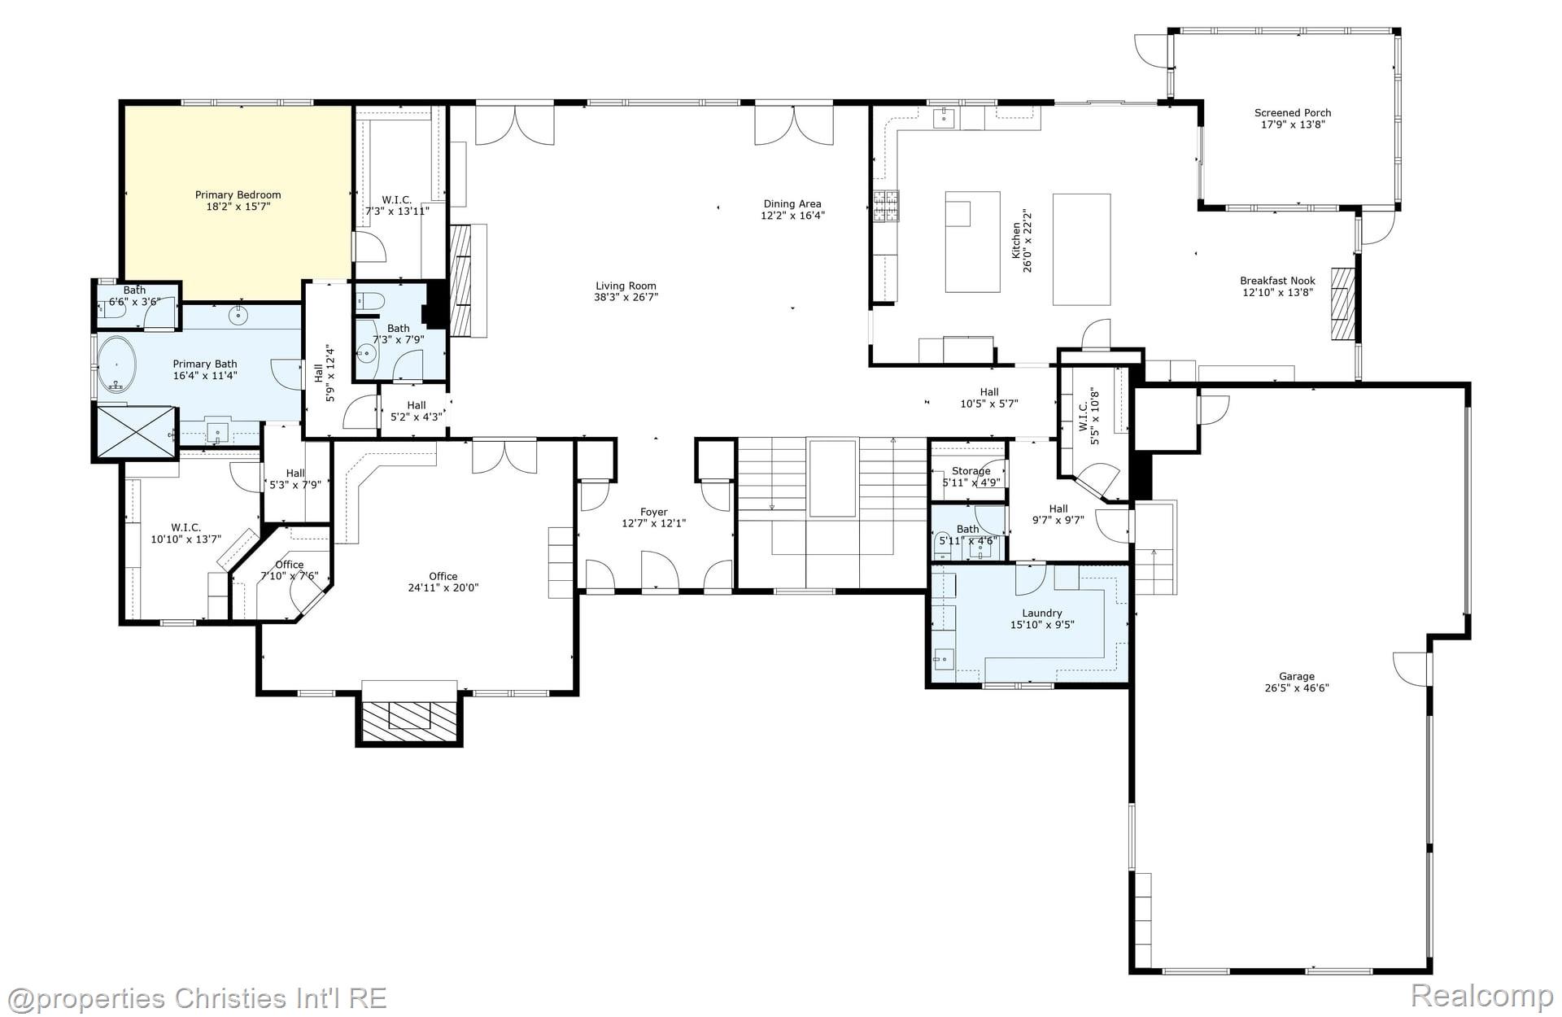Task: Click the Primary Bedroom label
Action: click(x=238, y=194)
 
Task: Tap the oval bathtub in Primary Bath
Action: click(x=118, y=364)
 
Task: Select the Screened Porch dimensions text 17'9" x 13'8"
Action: click(x=1292, y=124)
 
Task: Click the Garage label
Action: click(x=1296, y=676)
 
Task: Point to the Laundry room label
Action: click(x=1041, y=613)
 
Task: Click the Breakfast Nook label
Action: click(x=1277, y=281)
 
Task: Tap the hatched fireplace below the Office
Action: click(x=408, y=720)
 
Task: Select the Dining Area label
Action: click(x=792, y=204)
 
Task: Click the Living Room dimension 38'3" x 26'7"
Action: click(x=626, y=297)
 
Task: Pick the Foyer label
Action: click(x=653, y=513)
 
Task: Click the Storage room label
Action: click(x=971, y=471)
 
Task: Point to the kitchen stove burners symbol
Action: click(x=887, y=206)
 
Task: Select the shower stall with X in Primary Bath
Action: click(x=136, y=433)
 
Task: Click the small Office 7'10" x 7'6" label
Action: click(x=289, y=565)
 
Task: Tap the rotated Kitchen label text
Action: click(x=1016, y=242)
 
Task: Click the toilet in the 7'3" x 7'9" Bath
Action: click(x=369, y=302)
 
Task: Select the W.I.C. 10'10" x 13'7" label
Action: click(x=185, y=528)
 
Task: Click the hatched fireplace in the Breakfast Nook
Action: click(x=1342, y=304)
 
